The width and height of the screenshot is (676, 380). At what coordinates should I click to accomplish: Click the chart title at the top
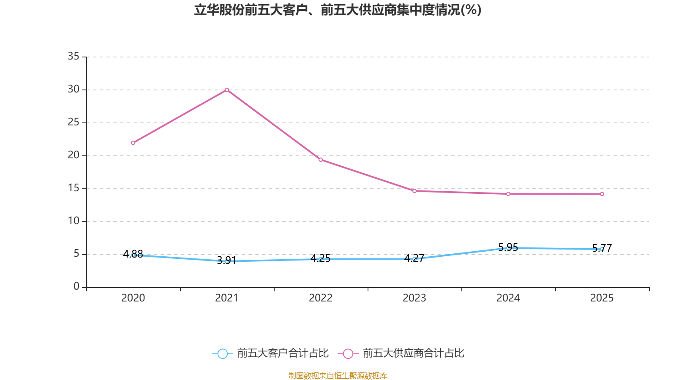point(338,10)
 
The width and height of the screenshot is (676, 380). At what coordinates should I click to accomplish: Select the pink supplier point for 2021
point(227,90)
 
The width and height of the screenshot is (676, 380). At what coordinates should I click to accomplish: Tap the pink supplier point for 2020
point(133,143)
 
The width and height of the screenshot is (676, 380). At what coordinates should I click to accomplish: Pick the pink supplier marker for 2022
point(321,160)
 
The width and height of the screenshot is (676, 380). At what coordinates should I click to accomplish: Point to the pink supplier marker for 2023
point(414,191)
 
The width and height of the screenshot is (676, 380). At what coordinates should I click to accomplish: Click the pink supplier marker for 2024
point(508,194)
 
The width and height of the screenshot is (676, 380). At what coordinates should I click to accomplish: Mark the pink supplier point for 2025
point(602,194)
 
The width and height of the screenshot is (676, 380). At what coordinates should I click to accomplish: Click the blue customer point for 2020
point(133,255)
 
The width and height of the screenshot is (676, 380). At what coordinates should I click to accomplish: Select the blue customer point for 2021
point(227,261)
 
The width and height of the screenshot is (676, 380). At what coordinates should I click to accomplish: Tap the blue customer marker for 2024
point(508,248)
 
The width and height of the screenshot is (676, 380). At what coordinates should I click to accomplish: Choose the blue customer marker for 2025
point(602,249)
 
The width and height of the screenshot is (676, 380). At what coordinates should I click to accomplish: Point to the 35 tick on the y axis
point(74,56)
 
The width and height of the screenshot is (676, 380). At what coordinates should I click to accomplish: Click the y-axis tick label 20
point(74,155)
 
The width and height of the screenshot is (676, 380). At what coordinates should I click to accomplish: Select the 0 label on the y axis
point(76,287)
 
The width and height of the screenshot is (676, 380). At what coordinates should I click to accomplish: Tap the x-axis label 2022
point(321,298)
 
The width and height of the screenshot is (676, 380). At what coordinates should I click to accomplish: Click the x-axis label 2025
point(602,298)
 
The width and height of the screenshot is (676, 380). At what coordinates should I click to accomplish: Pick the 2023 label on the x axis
point(414,298)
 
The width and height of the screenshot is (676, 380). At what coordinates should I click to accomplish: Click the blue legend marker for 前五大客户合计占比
point(222,354)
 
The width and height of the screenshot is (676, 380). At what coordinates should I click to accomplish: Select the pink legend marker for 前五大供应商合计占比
point(348,354)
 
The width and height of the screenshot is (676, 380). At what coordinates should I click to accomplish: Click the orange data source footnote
point(338,375)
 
